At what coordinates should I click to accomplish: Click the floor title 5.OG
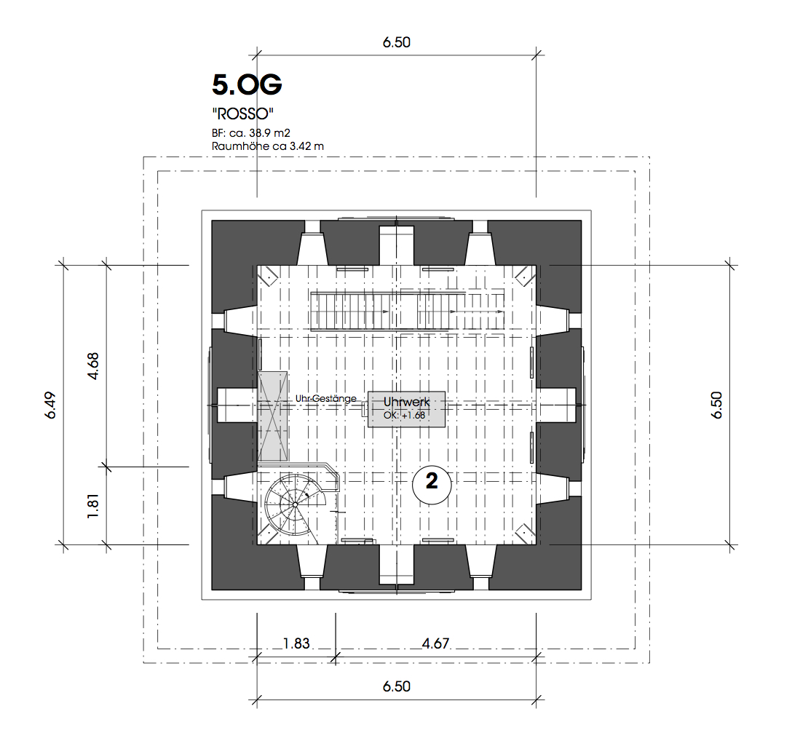point(247,85)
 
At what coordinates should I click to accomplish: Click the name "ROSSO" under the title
point(242,114)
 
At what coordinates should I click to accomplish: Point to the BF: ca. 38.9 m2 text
point(251,133)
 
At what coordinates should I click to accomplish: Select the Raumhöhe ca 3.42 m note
point(267,146)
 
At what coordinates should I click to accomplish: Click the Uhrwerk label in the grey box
point(407,402)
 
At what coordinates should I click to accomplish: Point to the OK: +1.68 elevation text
point(405,415)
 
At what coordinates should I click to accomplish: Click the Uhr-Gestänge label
point(325,399)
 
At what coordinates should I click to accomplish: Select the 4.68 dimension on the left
point(93,366)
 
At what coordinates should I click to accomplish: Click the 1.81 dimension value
point(93,506)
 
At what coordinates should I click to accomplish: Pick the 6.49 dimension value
point(50,405)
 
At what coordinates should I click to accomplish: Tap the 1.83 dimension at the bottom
point(296,643)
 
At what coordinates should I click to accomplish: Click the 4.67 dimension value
point(435,643)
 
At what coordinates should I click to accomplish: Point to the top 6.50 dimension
point(396,42)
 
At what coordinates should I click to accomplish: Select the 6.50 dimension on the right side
point(716,405)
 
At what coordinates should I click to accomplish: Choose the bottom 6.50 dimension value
point(396,686)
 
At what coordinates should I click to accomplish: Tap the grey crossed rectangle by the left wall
point(272,416)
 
